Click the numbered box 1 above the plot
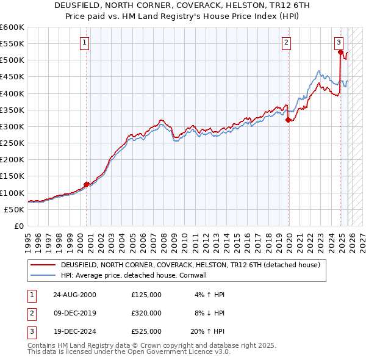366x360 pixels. coord(84,42)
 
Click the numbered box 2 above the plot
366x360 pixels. coord(286,42)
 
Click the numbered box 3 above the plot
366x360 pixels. coord(339,42)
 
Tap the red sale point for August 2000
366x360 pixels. coord(87,184)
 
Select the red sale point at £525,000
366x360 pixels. coord(340,52)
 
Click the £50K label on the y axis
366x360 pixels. coord(14,209)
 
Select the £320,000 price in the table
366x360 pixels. coord(146,313)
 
